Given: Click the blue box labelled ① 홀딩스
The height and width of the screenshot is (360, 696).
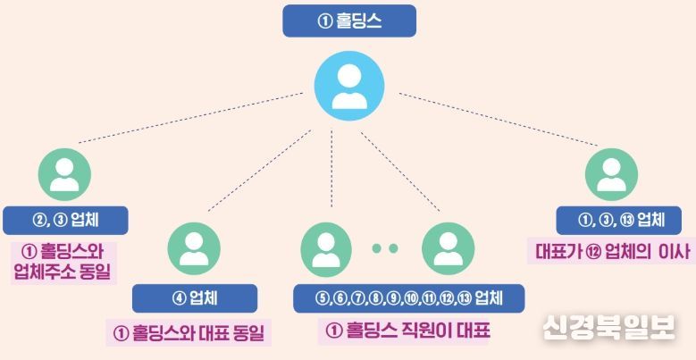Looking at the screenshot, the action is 349,21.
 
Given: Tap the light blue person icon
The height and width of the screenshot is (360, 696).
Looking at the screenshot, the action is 349,86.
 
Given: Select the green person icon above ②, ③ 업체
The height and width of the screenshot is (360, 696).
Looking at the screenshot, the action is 64,174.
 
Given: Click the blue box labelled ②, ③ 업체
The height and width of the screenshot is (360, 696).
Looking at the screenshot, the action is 65,220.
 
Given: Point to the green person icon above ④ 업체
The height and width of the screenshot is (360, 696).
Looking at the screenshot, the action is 194,248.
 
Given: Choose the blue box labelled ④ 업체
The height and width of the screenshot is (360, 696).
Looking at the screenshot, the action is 195,298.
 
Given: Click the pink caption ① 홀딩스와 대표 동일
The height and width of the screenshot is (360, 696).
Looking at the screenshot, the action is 189,333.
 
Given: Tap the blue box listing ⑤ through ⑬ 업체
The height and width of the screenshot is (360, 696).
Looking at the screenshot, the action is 409,298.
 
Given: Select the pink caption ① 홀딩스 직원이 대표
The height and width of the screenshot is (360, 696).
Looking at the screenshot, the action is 407,331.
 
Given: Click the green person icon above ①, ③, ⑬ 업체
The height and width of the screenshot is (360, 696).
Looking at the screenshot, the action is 611,174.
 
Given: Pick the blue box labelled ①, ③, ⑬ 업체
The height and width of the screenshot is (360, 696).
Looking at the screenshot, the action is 619,220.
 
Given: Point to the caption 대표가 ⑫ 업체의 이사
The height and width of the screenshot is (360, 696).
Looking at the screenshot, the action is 612,252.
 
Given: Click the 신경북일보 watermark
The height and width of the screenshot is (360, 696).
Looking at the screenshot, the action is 608,327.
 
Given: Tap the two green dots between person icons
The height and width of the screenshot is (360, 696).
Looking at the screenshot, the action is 385,248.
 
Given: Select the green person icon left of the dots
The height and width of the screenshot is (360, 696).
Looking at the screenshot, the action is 326,248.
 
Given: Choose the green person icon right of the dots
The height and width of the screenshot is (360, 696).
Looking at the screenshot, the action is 448,248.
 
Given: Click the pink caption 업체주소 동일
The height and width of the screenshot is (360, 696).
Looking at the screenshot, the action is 63,272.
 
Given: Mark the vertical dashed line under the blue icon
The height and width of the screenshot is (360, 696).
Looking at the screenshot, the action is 331,169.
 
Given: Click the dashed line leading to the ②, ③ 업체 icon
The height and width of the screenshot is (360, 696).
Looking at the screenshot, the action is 191,118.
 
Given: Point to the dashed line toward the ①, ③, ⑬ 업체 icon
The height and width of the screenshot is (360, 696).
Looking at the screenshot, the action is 499,119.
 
